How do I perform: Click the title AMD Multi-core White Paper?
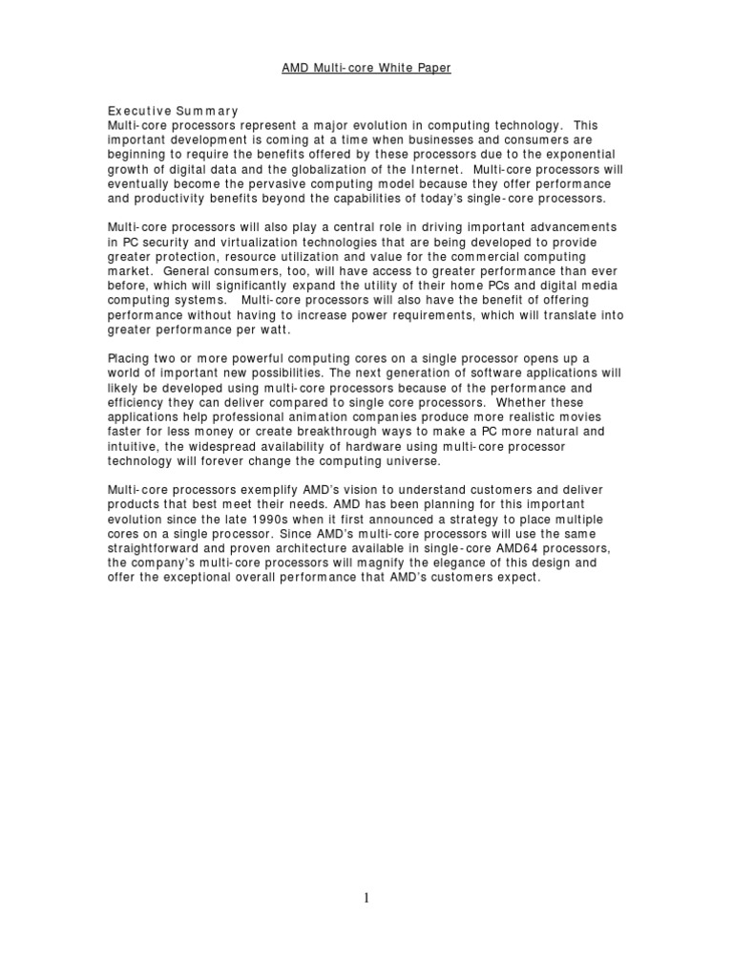point(366,69)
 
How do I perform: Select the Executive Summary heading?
point(172,112)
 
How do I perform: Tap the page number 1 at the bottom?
point(366,897)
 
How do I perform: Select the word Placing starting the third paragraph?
point(131,357)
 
